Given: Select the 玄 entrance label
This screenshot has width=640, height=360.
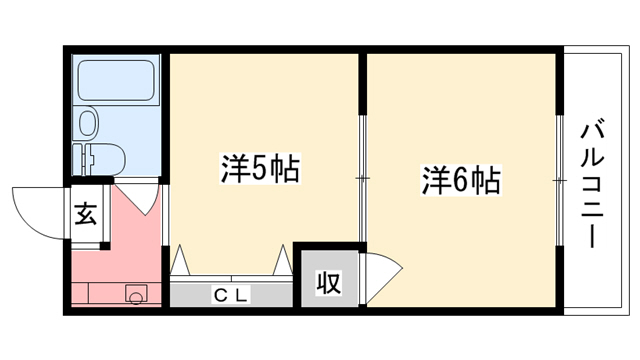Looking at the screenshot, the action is (86, 213).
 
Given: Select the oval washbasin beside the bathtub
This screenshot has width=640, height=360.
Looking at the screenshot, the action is (89, 124).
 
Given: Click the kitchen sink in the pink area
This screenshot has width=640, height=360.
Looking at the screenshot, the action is (136, 294).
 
